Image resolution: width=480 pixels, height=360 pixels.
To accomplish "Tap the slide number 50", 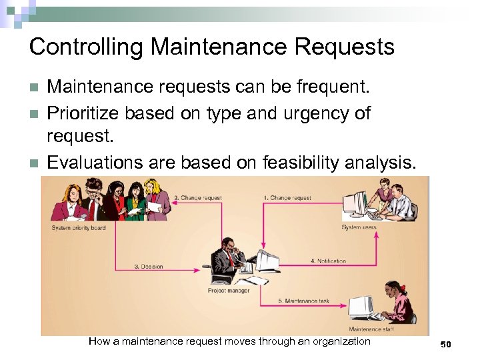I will [x=445, y=344].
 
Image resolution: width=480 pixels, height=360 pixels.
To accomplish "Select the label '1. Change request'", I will [x=287, y=198].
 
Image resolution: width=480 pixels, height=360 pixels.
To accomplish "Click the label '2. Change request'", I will [x=197, y=198].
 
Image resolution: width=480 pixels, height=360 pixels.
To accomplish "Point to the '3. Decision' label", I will [x=148, y=267].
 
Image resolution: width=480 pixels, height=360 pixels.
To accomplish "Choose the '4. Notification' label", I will [x=327, y=261].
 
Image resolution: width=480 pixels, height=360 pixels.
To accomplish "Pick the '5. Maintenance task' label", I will [x=303, y=301].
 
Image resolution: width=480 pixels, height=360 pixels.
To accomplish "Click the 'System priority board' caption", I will [x=78, y=228].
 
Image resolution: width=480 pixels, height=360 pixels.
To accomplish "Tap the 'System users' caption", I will [x=359, y=227].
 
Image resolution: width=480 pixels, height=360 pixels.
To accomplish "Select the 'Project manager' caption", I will [x=229, y=291].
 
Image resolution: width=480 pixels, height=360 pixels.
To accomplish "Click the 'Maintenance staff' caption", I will [x=375, y=329].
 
